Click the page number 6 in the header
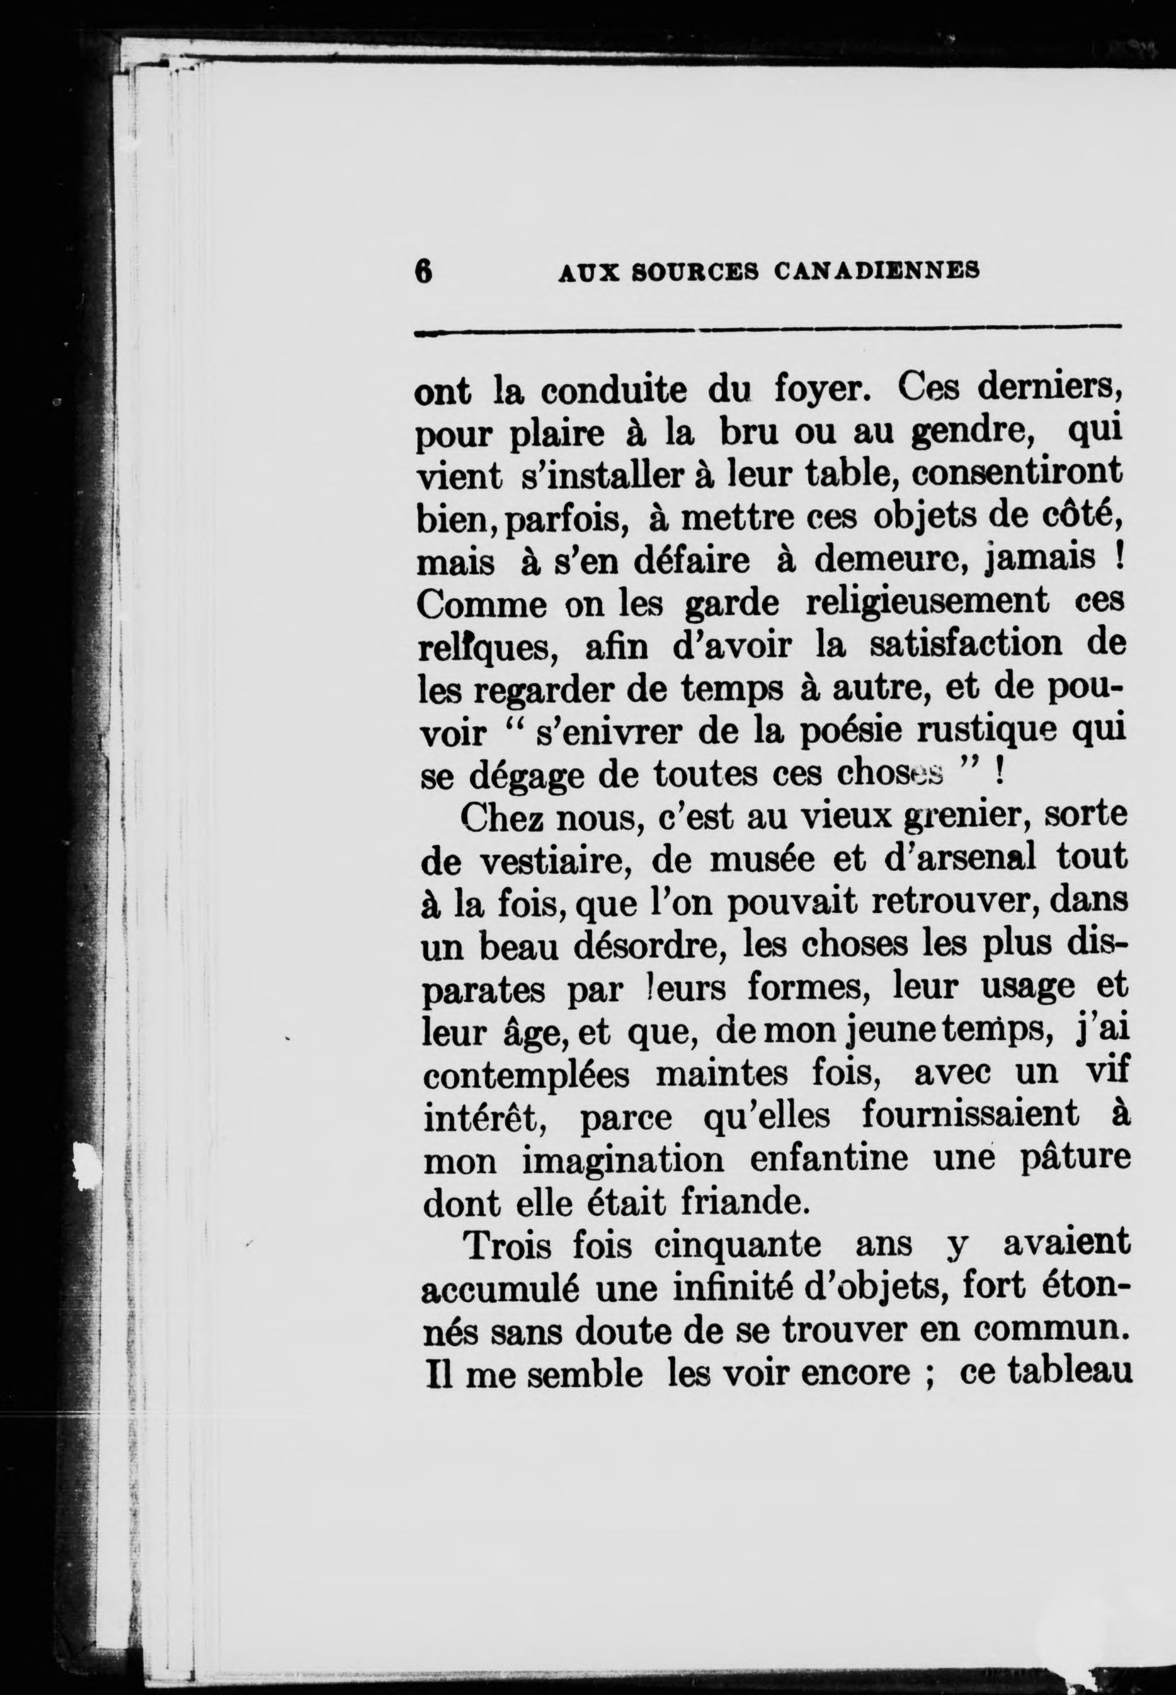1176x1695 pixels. pyautogui.click(x=423, y=271)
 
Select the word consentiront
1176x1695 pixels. pyautogui.click(x=1017, y=473)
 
